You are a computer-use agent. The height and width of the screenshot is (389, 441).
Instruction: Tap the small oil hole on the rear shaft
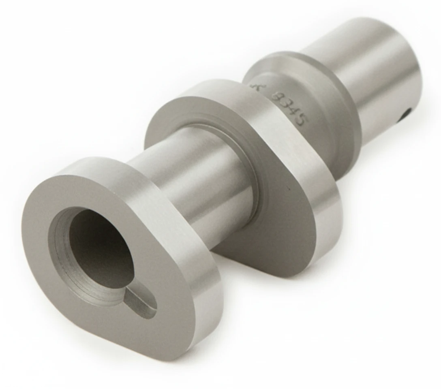coord(407,115)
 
